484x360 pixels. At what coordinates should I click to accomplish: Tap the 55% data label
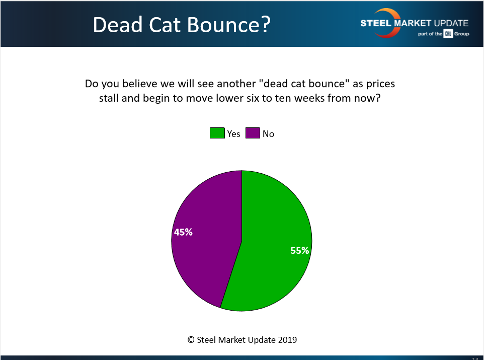click(300, 250)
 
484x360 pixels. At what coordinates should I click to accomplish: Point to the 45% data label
click(183, 232)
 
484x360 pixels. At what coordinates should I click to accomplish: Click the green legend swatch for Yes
click(217, 133)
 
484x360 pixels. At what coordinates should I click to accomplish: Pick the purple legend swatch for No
click(253, 133)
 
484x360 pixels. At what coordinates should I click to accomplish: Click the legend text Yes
click(233, 134)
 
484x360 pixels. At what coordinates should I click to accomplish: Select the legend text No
click(268, 134)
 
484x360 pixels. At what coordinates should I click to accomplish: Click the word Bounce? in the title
click(229, 25)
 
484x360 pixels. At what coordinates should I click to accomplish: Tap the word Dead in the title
click(118, 25)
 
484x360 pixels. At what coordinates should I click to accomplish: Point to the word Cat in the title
click(165, 25)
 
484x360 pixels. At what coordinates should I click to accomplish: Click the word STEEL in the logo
click(376, 23)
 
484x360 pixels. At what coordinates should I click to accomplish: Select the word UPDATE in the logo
click(451, 23)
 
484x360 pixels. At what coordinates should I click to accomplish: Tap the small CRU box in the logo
click(448, 34)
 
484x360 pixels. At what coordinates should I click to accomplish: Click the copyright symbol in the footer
click(191, 340)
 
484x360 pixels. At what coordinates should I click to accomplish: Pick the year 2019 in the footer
click(287, 340)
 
